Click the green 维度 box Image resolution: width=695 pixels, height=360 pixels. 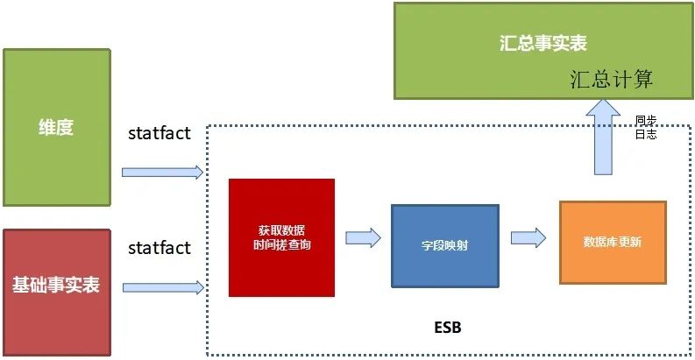(x=57, y=127)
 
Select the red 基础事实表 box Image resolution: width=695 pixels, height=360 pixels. (x=57, y=286)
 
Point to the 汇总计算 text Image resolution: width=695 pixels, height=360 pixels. (x=611, y=79)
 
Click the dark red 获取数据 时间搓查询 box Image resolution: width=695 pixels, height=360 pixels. (x=280, y=236)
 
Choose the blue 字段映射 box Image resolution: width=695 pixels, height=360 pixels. (x=444, y=245)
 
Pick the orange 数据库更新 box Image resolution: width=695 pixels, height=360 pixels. (x=612, y=241)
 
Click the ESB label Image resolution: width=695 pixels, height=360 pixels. (x=447, y=328)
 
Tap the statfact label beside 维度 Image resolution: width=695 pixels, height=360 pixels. (x=159, y=133)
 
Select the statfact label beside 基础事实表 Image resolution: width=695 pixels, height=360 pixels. (x=159, y=248)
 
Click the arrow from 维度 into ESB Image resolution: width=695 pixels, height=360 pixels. (x=162, y=172)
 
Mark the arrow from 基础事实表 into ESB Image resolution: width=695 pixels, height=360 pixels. (x=163, y=287)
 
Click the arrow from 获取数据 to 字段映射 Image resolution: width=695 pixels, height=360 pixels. (x=363, y=237)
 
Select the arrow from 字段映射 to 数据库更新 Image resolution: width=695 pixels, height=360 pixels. (x=528, y=237)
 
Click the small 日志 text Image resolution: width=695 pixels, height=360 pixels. (x=646, y=135)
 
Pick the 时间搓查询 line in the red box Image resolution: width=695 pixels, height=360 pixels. (x=280, y=245)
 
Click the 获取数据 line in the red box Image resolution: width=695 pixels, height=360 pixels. (x=280, y=230)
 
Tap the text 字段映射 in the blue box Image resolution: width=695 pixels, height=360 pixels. (x=444, y=246)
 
